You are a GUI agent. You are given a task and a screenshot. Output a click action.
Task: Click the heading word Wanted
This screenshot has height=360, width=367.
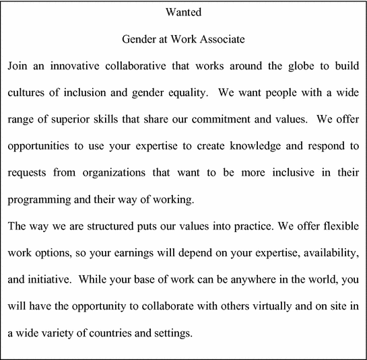(x=183, y=12)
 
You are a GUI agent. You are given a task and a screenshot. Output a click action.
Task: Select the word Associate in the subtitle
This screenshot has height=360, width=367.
(x=222, y=39)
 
